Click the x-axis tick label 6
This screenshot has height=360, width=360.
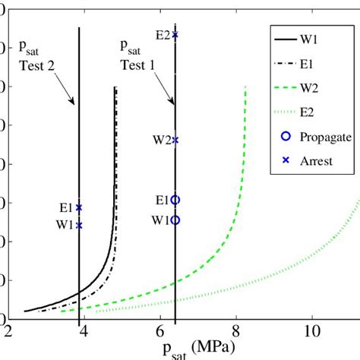pos(159,333)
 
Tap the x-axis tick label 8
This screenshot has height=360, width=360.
pos(235,333)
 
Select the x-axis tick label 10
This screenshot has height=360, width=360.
pos(311,333)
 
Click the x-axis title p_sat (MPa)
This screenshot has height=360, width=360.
pos(185,349)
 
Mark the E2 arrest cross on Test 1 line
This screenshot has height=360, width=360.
pos(175,35)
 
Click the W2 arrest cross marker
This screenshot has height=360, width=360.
pos(175,140)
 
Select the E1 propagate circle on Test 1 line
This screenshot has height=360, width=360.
pos(175,200)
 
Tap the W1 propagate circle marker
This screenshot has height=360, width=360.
pos(175,219)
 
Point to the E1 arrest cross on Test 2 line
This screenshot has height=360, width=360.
pos(79,207)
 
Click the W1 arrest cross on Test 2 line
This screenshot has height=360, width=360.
pos(79,225)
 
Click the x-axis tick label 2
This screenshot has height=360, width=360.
pos(8,333)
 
